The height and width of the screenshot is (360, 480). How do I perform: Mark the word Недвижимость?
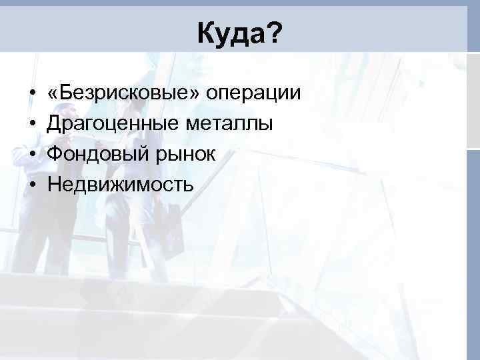(x=120, y=185)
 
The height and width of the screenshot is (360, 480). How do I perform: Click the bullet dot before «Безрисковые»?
(x=32, y=93)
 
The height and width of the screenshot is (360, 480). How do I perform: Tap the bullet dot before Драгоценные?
(x=32, y=124)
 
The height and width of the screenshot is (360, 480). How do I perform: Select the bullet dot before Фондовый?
(x=32, y=155)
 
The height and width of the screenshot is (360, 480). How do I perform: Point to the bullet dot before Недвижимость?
(x=32, y=185)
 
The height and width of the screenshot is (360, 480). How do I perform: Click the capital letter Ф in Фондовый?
(x=54, y=154)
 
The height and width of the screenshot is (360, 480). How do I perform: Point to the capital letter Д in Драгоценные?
(x=54, y=124)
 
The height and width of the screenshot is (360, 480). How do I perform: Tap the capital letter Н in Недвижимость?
(x=53, y=185)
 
